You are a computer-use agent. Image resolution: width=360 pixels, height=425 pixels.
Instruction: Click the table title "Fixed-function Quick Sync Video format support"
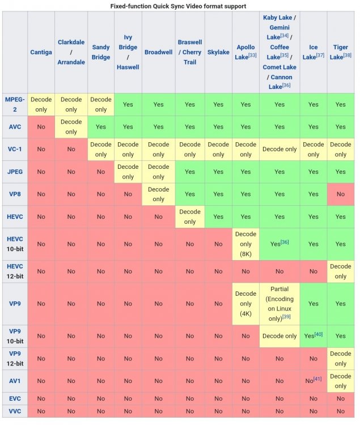coord(178,6)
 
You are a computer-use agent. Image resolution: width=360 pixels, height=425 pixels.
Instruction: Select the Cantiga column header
coord(41,52)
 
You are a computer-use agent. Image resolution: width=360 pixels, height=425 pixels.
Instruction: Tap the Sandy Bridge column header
coord(101,52)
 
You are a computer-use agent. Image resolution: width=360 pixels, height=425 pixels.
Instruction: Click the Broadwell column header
coord(158,52)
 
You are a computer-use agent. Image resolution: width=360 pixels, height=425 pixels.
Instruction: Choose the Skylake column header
coord(218,52)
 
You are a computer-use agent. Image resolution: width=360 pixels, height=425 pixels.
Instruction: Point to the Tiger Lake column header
coord(341,52)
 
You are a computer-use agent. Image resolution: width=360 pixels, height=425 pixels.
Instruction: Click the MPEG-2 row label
coord(15,104)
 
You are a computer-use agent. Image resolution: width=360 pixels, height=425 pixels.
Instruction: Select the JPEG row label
coord(15,172)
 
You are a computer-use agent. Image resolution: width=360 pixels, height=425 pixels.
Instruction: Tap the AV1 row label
coord(15,381)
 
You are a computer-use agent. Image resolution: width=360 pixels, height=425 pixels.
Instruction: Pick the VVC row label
coord(15,411)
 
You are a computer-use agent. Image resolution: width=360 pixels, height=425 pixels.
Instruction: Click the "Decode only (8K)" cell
coord(245,244)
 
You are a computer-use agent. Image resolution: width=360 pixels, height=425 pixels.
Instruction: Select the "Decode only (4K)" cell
coord(245,304)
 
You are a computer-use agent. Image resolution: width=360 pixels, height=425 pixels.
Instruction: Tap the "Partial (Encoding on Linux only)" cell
coord(279,304)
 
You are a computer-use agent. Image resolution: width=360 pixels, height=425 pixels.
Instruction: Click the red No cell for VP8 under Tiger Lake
coord(341,194)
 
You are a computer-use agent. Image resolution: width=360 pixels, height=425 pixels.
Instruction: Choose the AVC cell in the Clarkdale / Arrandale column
coord(71,127)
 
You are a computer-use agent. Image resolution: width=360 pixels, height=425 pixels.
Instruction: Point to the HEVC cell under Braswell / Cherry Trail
coord(190,216)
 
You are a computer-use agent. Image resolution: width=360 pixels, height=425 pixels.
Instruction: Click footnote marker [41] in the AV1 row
coord(317,379)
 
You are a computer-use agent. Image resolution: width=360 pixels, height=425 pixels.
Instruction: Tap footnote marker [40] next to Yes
coord(319,334)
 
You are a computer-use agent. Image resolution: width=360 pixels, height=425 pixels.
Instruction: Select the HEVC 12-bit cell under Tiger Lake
coord(341,271)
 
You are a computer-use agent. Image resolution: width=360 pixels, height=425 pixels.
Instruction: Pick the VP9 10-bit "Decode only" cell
coord(279,336)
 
